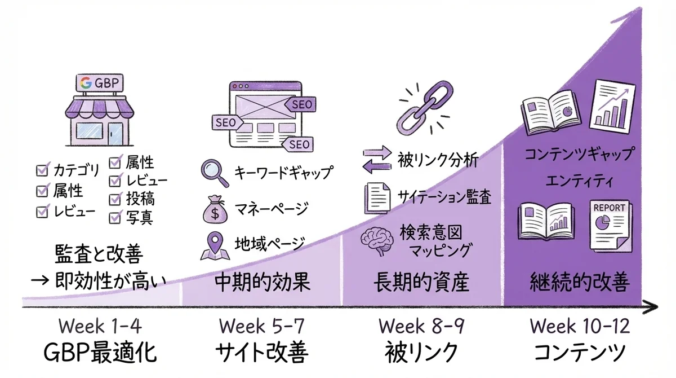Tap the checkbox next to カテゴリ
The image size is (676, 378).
coord(42,169)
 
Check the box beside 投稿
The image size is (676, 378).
coord(115,199)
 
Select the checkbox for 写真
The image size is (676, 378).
coord(115,217)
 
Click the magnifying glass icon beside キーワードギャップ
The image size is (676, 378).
coord(214,173)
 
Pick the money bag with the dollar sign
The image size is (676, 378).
coord(214,210)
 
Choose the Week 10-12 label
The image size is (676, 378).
coord(580,326)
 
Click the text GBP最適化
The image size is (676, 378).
coord(100,353)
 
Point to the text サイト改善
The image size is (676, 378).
coord(261,353)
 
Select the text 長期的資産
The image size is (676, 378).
coord(421,282)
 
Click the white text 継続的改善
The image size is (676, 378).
coord(580,282)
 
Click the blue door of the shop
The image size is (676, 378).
coord(117,134)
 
